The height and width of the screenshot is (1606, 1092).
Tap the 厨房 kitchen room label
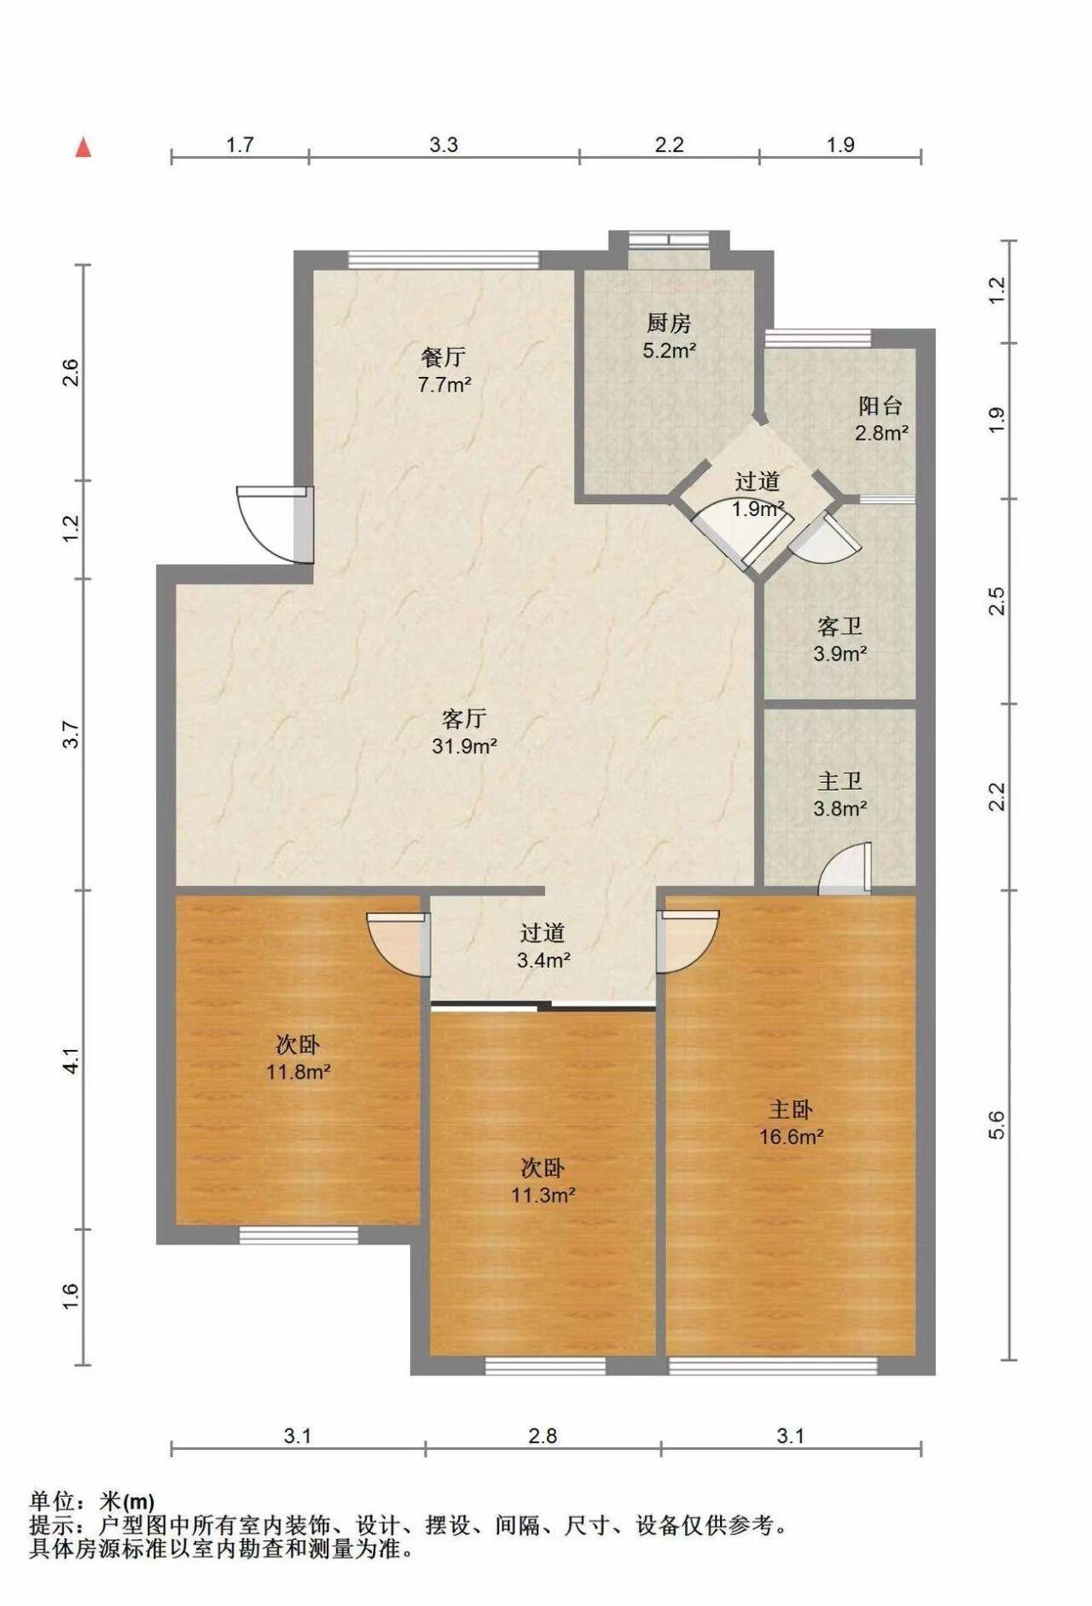coord(669,323)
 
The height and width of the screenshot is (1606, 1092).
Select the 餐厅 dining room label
coord(444,357)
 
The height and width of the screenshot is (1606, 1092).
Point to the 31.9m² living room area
coord(465,746)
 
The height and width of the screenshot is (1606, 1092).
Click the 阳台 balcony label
coord(880,406)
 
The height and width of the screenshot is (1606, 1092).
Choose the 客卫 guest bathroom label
coord(839,627)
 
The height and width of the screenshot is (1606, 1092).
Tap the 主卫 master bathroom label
coord(839,781)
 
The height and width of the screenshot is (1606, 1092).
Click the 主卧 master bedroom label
coord(791,1110)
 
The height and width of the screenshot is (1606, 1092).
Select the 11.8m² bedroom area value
coord(298,1071)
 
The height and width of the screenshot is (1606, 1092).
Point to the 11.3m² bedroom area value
coord(543,1195)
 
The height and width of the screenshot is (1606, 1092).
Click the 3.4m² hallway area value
coord(543,960)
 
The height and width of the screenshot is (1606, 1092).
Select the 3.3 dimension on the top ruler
coord(444,144)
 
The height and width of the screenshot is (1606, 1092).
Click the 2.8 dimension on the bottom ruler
coord(543,1435)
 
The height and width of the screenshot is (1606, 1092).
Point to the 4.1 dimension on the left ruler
coord(72,1060)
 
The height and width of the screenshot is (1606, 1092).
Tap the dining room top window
coord(444,260)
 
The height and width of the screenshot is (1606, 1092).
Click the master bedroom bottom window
coord(773,1365)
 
